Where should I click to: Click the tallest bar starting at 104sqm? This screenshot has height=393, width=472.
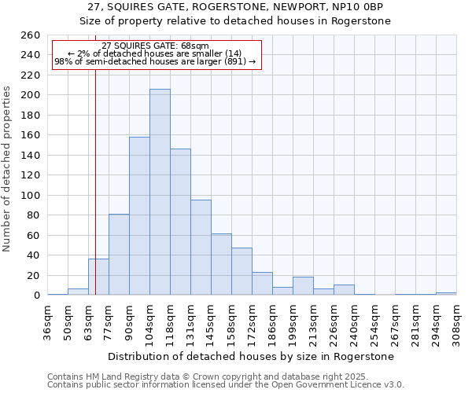[x=160, y=193]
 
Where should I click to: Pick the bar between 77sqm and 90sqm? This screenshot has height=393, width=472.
[x=119, y=255]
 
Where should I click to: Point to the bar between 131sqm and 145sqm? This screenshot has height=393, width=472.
[x=201, y=248]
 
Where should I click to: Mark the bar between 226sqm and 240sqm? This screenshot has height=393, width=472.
[x=344, y=290]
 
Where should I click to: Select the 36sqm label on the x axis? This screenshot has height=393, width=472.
[x=48, y=321]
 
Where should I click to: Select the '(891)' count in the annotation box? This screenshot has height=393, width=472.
[x=234, y=61]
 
